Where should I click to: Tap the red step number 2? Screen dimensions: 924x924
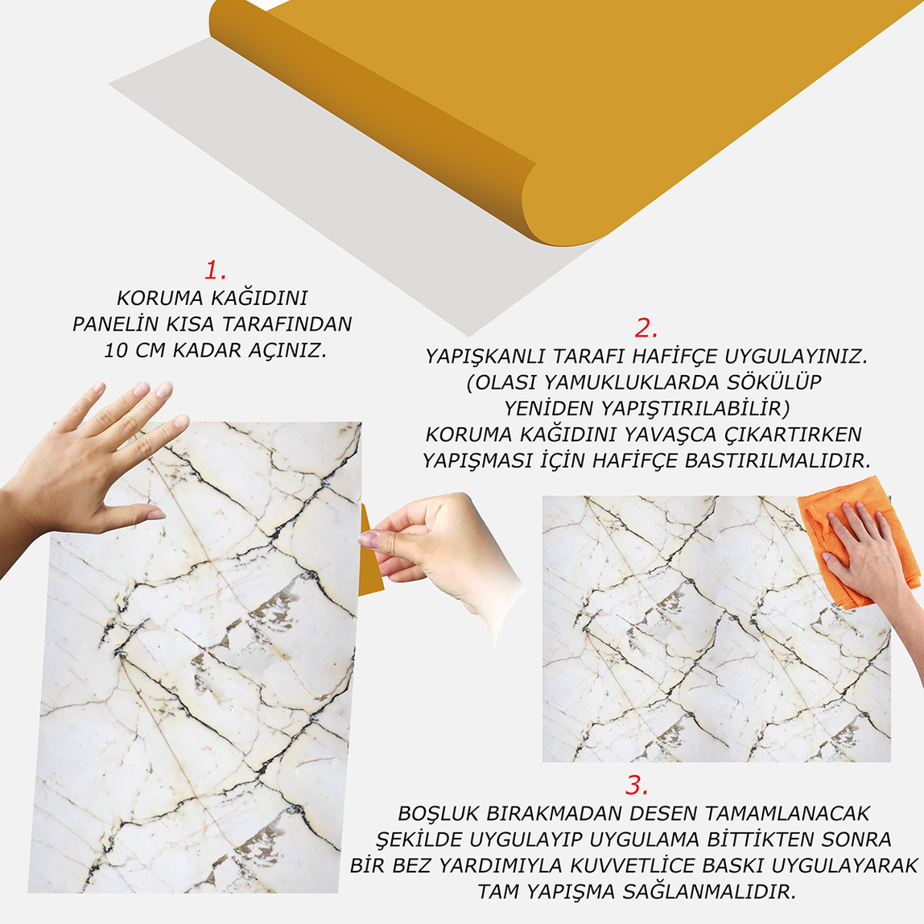pos(646,328)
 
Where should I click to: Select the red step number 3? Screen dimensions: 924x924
pos(637,786)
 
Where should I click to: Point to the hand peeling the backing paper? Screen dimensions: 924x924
pos(435,547)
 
